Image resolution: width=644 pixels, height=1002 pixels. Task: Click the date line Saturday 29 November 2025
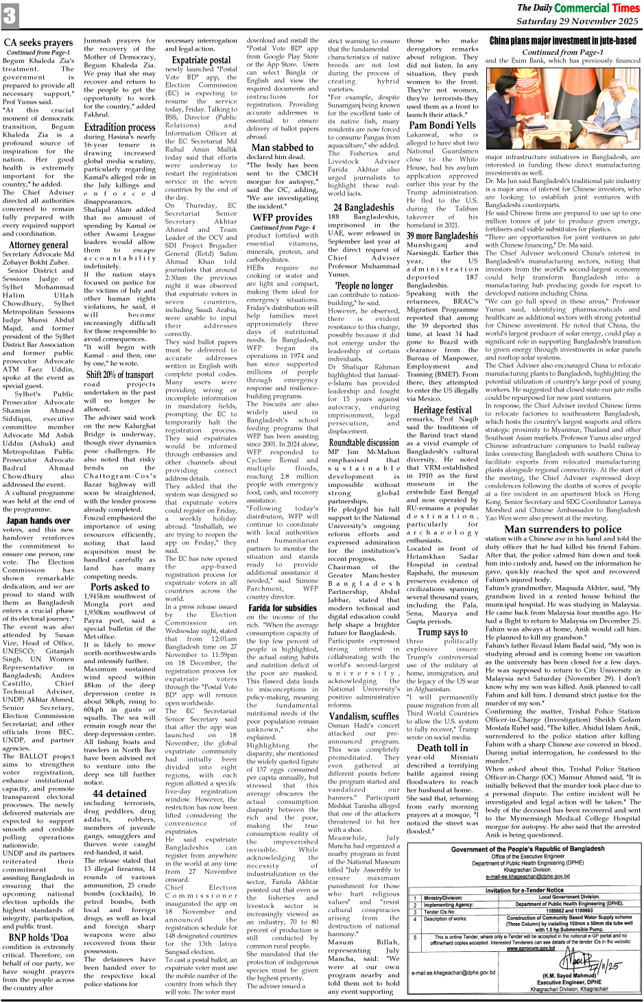pos(577,21)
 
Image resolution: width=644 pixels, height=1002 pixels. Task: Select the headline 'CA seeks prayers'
pos(38,43)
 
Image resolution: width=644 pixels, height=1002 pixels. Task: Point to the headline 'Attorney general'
pos(38,245)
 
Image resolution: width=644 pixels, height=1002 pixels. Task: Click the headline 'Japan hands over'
pos(38,521)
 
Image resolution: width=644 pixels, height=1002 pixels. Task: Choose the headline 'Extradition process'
pos(120,127)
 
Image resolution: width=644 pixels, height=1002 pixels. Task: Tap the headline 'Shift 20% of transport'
pos(120,374)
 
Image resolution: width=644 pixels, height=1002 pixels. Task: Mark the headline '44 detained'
pos(120,794)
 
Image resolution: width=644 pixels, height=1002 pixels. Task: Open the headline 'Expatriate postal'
pos(202,60)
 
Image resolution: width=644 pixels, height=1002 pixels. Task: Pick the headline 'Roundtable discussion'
pos(363,443)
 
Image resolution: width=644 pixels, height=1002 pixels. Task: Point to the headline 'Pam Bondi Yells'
pos(442,125)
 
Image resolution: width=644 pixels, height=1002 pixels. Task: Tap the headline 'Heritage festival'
pos(442,409)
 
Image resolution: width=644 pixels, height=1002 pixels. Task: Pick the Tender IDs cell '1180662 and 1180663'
pos(569,911)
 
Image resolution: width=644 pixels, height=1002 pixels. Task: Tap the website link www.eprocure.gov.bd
pos(531,949)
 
